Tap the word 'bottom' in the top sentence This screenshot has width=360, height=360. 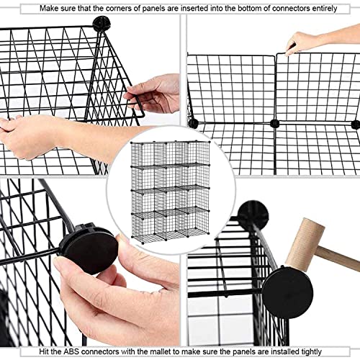pos(251,7)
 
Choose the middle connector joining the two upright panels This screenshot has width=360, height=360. pos(275,124)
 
